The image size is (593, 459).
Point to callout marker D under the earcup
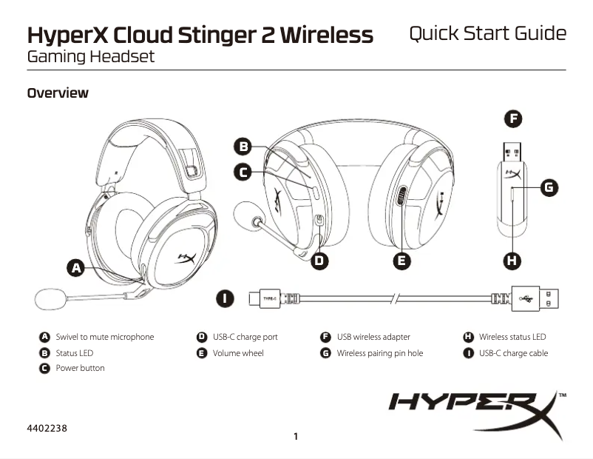(x=319, y=261)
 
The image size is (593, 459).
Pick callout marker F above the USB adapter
(x=512, y=118)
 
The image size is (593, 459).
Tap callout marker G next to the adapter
(x=549, y=187)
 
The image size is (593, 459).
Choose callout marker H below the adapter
(x=512, y=260)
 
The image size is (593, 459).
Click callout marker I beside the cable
(x=226, y=298)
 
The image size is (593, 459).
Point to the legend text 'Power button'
(x=80, y=368)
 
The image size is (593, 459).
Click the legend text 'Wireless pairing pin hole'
(x=380, y=353)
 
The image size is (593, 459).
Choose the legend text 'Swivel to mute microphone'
(x=105, y=337)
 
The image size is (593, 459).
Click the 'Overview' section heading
(x=58, y=93)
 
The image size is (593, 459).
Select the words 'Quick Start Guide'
(x=487, y=33)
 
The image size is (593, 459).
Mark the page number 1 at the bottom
(x=296, y=437)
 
